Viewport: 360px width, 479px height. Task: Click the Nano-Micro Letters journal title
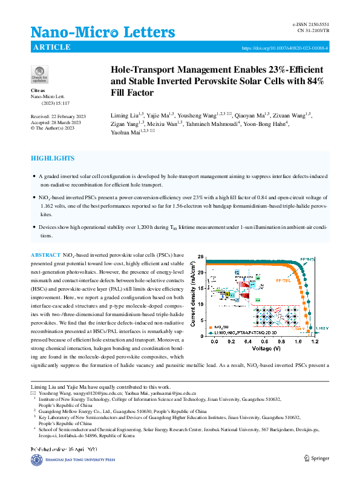[102, 33]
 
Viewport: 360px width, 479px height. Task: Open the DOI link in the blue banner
[285, 47]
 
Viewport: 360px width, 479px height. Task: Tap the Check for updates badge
[39, 75]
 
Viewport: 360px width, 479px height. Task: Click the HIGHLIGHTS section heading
[53, 159]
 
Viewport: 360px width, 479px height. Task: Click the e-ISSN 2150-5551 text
[311, 24]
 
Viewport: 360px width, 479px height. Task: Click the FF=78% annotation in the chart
[283, 281]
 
